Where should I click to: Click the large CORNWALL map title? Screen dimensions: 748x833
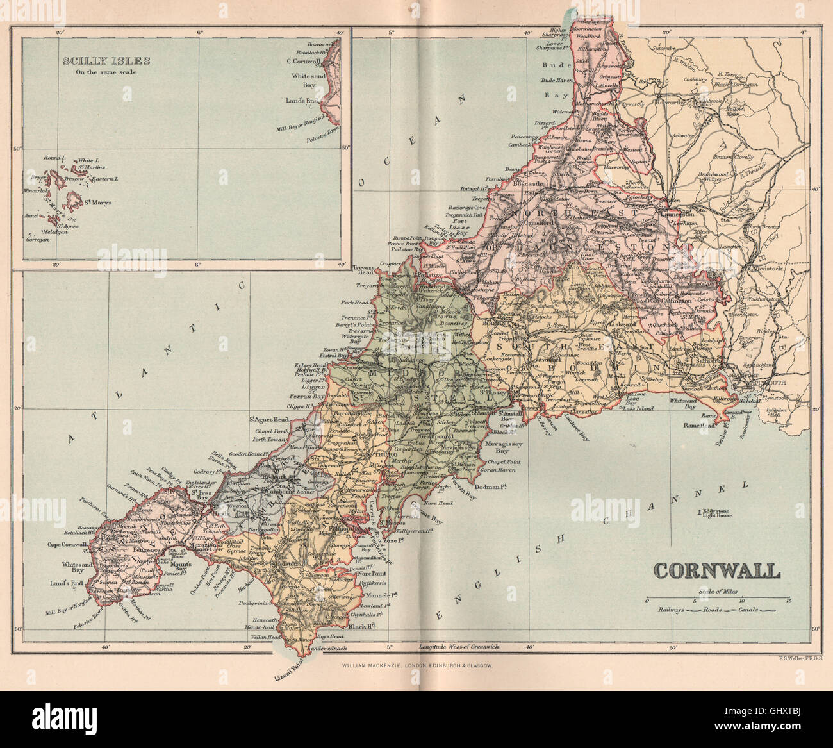(716, 570)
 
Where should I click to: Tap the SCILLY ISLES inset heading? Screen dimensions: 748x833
(106, 62)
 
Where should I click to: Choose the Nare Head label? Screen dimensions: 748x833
(438, 504)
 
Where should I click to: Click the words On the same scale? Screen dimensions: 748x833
(106, 72)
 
